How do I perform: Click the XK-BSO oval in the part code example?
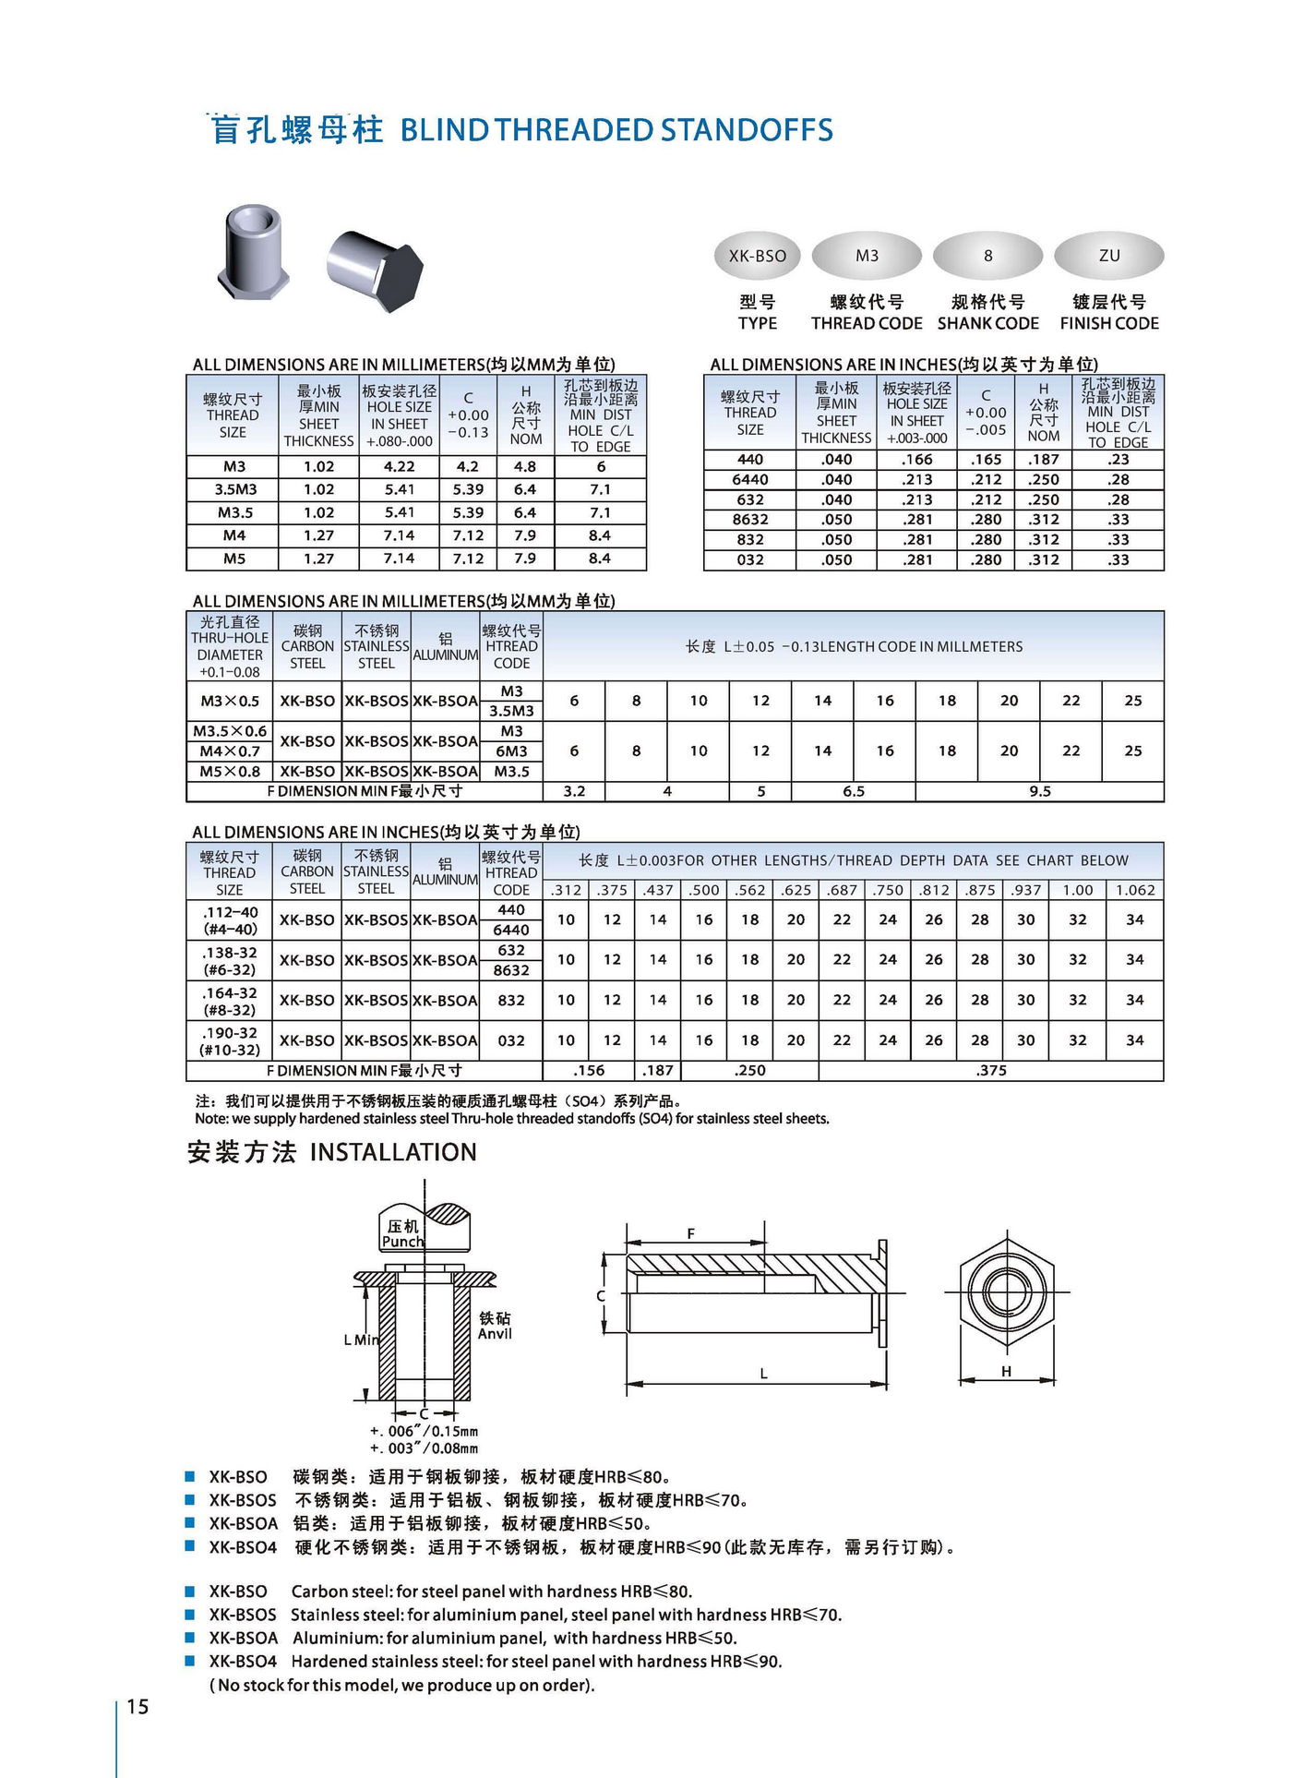click(758, 256)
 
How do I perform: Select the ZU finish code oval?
click(1108, 256)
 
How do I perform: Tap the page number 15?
click(138, 1706)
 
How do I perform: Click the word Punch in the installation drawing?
click(402, 1242)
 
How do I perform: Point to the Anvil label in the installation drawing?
click(495, 1333)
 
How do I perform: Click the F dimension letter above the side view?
click(690, 1233)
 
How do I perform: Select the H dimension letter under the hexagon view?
click(1006, 1371)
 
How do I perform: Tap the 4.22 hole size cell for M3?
click(399, 466)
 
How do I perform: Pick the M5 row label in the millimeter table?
click(233, 559)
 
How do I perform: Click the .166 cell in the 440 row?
click(917, 459)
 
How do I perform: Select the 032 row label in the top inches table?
click(749, 559)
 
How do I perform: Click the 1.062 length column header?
click(1134, 890)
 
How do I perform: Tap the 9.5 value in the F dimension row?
click(1039, 791)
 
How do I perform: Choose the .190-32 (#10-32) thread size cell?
click(230, 1041)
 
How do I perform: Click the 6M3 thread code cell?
click(511, 751)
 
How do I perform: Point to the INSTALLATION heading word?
click(393, 1152)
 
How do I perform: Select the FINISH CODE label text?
click(1108, 323)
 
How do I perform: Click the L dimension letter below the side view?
click(763, 1373)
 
